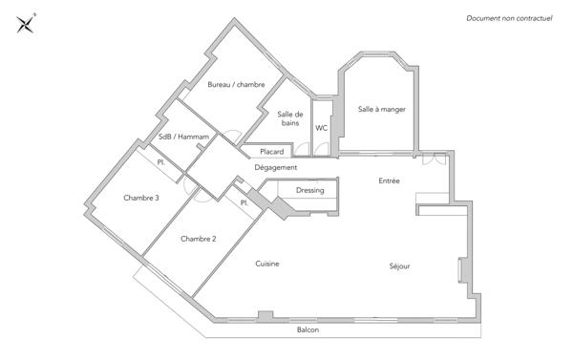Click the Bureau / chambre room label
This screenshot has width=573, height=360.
[236, 85]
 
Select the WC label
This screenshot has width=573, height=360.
[322, 127]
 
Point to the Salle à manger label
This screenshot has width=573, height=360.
[382, 109]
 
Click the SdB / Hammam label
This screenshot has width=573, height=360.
[183, 138]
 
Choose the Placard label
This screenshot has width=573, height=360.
[272, 151]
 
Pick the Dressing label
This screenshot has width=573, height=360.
[310, 190]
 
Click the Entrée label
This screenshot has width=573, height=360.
[389, 180]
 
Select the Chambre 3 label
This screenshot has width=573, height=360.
[140, 198]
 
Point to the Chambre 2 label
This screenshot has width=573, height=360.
[198, 239]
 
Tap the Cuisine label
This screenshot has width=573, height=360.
[266, 264]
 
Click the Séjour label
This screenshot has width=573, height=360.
[399, 266]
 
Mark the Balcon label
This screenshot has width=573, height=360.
[308, 330]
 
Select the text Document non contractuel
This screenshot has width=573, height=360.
[509, 18]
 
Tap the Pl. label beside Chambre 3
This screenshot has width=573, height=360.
[161, 163]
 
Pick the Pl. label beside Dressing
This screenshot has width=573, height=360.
[244, 202]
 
